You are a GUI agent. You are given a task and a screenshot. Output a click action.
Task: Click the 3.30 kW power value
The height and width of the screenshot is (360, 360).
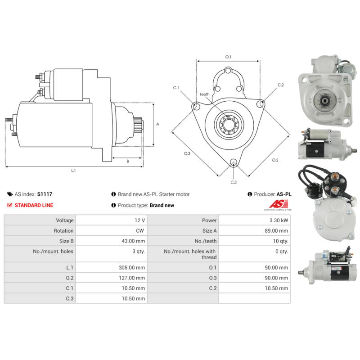pyautogui.click(x=279, y=220)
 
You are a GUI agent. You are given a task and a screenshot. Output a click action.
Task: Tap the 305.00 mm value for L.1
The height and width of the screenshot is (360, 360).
pyautogui.click(x=132, y=267)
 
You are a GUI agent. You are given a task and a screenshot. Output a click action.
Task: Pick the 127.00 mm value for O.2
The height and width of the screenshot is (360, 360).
pyautogui.click(x=132, y=278)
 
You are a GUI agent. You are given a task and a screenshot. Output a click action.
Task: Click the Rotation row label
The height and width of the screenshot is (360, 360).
pyautogui.click(x=63, y=231)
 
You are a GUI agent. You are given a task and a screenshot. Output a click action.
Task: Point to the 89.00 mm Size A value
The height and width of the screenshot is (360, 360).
pyautogui.click(x=276, y=231)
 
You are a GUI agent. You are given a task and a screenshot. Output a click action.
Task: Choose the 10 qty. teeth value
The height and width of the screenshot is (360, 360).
pyautogui.click(x=280, y=241)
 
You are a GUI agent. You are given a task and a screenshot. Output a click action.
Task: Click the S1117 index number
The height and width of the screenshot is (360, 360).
pyautogui.click(x=45, y=194)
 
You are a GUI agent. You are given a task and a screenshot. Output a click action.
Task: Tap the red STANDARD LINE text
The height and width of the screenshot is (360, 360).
pyautogui.click(x=34, y=205)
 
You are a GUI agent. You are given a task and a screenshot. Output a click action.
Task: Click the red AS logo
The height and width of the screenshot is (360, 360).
pyautogui.click(x=279, y=204)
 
